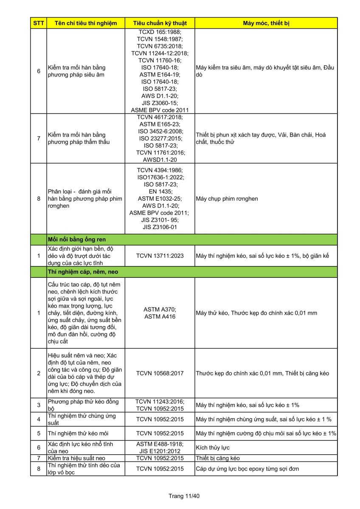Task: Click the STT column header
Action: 38,23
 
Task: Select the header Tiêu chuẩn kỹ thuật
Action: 160,23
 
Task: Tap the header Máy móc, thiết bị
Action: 266,23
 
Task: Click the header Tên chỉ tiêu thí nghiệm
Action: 86,23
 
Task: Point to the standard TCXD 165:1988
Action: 160,32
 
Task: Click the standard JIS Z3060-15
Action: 160,103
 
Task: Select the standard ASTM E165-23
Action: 160,124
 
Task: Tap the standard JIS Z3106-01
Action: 160,227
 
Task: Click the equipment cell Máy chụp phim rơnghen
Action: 227,199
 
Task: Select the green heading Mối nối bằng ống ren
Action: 77,240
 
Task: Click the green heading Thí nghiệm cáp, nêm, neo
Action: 83,271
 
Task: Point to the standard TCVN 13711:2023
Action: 160,256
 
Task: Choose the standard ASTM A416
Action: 160,316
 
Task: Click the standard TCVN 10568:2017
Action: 160,373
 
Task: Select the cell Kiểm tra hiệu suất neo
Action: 76,458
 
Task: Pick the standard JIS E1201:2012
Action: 160,451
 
